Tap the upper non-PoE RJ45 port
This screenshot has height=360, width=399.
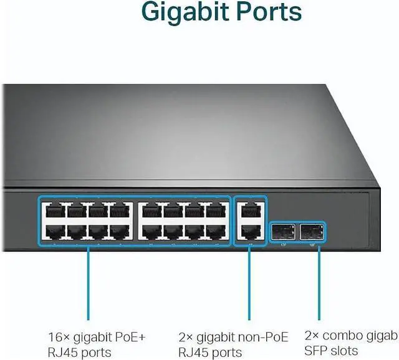[249, 211]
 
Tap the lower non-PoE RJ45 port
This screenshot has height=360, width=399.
[249, 232]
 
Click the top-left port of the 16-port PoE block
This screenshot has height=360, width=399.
[55, 211]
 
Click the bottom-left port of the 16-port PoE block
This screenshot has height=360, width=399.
[55, 232]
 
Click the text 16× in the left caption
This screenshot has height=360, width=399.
[58, 337]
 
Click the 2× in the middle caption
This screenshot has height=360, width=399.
[186, 337]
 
